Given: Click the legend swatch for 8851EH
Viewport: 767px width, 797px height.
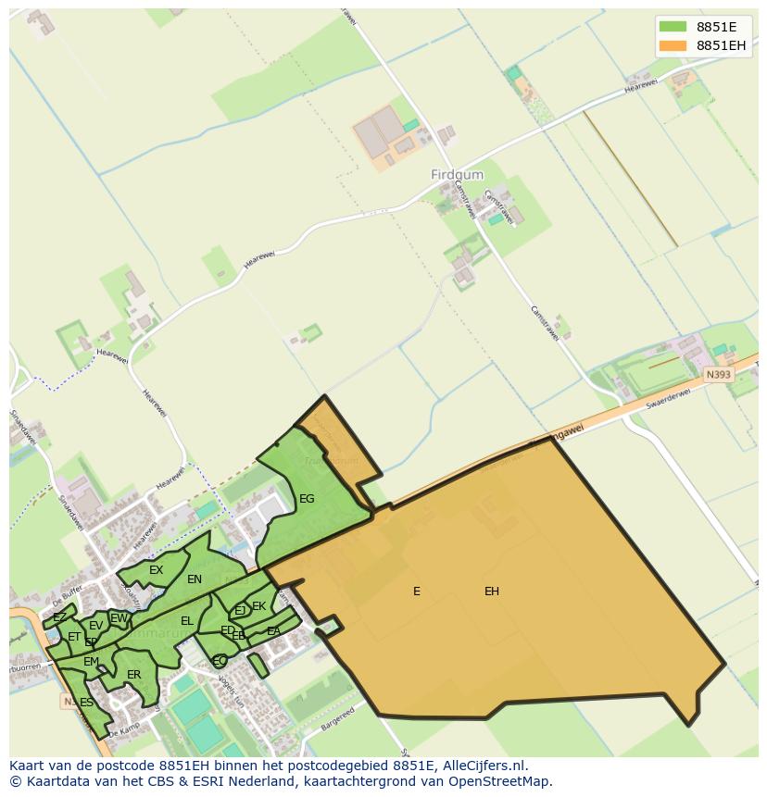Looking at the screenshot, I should [673, 45].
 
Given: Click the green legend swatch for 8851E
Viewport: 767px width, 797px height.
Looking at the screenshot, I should [673, 26].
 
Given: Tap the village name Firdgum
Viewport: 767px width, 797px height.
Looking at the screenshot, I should [458, 174].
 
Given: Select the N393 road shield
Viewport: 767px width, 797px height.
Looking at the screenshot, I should [717, 375].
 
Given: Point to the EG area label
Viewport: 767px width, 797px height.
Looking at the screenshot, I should [307, 499].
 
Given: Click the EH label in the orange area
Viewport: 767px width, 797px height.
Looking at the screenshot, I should [492, 592].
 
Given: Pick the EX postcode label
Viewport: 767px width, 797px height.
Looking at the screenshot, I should [156, 570].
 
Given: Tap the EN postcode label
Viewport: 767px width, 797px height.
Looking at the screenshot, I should [195, 579].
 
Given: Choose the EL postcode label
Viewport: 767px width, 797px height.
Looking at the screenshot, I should [187, 621].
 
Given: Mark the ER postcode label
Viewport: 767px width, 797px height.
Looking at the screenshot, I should [134, 675].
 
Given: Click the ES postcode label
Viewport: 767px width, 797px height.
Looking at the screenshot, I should [86, 703].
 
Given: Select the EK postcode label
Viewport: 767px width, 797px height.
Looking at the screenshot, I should [259, 606].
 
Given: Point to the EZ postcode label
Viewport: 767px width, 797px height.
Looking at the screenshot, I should [59, 617].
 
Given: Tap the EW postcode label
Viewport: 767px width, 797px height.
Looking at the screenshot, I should [119, 618].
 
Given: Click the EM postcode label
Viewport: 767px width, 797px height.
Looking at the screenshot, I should [91, 662].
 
